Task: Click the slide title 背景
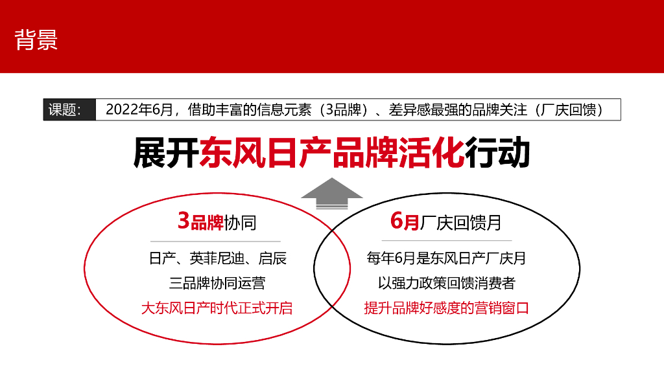pyautogui.click(x=36, y=40)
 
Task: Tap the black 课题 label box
pyautogui.click(x=65, y=109)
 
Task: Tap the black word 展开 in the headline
pyautogui.click(x=166, y=153)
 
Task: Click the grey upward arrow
pyautogui.click(x=332, y=194)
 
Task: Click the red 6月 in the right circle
pyautogui.click(x=405, y=222)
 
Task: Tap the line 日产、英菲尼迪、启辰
pyautogui.click(x=217, y=259)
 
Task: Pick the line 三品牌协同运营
pyautogui.click(x=217, y=283)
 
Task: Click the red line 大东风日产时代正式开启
pyautogui.click(x=217, y=308)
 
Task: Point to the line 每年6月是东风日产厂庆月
pyautogui.click(x=446, y=259)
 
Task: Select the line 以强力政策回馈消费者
pyautogui.click(x=446, y=283)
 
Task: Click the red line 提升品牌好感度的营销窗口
pyautogui.click(x=446, y=308)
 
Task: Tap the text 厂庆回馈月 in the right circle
pyautogui.click(x=460, y=223)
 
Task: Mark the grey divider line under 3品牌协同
pyautogui.click(x=217, y=241)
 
